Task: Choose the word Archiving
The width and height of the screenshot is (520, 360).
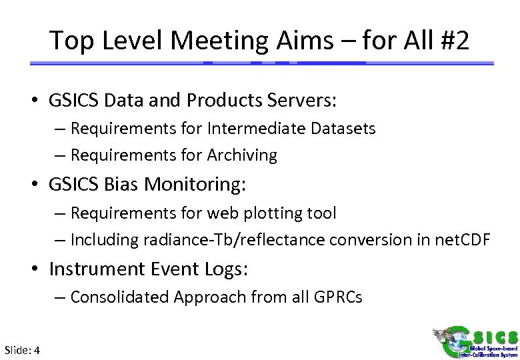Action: click(x=243, y=155)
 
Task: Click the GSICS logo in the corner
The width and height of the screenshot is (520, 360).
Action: click(x=475, y=341)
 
